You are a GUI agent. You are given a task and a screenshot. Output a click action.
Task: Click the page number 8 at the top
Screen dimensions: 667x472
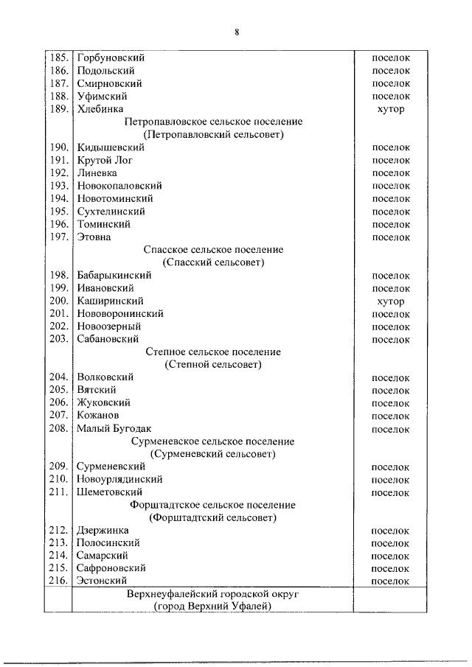237,32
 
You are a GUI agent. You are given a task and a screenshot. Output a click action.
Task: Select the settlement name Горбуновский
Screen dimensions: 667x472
111,57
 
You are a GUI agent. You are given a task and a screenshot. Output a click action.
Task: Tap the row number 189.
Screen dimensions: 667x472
59,109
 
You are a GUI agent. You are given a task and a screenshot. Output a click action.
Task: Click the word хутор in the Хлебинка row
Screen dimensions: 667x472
391,109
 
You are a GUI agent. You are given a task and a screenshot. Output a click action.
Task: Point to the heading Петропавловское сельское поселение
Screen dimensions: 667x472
213,122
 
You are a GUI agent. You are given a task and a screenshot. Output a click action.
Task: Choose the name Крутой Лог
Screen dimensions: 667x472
105,160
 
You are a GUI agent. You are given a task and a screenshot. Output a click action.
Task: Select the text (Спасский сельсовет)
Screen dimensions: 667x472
213,262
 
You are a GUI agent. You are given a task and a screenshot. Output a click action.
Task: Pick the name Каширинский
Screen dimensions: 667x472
110,301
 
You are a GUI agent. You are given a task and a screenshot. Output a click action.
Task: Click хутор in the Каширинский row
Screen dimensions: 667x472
391,301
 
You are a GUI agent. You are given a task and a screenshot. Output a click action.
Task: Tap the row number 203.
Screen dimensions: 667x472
59,339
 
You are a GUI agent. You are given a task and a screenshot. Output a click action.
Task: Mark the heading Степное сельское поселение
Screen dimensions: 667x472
213,352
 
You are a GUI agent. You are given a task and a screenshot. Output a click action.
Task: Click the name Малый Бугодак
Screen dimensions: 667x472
114,428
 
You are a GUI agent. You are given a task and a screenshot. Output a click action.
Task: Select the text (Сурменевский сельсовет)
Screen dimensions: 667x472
213,454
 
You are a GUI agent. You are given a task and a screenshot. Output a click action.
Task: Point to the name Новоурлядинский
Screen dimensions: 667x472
119,479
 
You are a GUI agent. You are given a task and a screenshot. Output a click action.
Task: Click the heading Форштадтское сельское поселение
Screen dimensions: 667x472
213,505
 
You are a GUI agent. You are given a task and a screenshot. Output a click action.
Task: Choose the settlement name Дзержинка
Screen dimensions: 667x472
103,530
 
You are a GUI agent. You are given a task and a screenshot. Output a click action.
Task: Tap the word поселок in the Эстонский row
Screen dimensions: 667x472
391,581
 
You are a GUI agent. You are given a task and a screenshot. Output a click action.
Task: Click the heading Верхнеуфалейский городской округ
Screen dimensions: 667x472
213,593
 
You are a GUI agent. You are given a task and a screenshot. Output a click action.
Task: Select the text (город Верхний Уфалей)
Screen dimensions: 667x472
213,606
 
